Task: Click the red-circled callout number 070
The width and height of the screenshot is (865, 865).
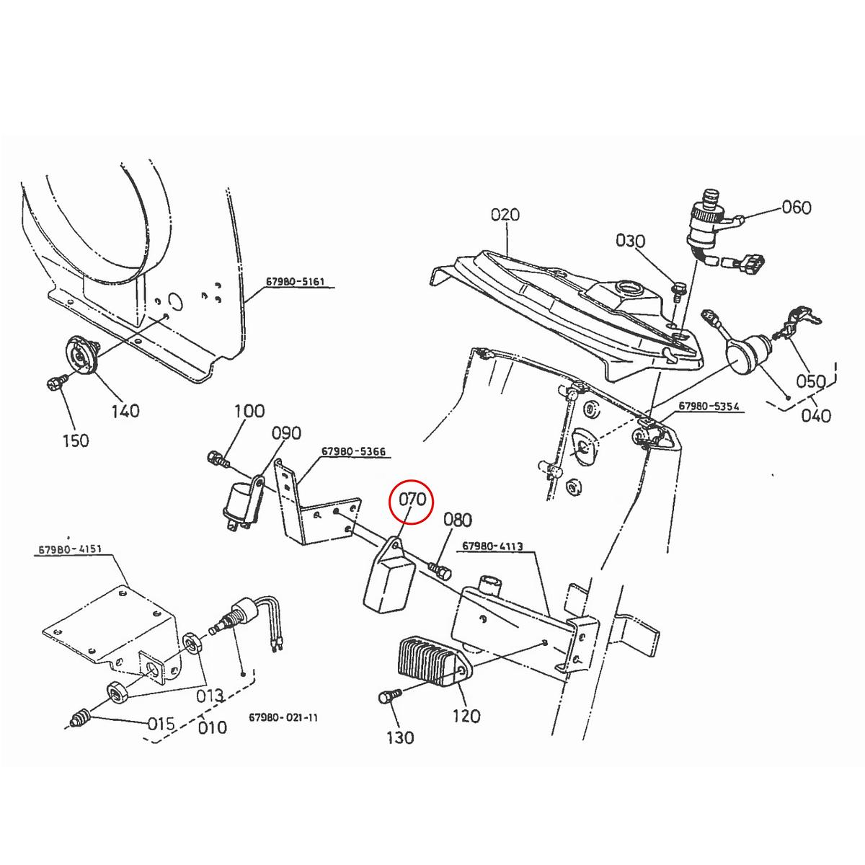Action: tap(409, 499)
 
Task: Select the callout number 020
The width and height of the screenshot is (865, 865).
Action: tap(505, 214)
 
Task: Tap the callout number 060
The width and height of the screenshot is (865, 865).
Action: tap(797, 208)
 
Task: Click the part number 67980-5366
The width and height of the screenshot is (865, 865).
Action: tap(353, 451)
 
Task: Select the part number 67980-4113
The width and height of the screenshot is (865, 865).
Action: tap(496, 546)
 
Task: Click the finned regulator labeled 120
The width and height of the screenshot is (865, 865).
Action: tap(426, 664)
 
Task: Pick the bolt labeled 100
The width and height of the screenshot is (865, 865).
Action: tap(217, 457)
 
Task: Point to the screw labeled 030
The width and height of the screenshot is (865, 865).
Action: tap(677, 290)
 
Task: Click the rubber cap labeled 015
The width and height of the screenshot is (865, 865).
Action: tap(80, 718)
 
